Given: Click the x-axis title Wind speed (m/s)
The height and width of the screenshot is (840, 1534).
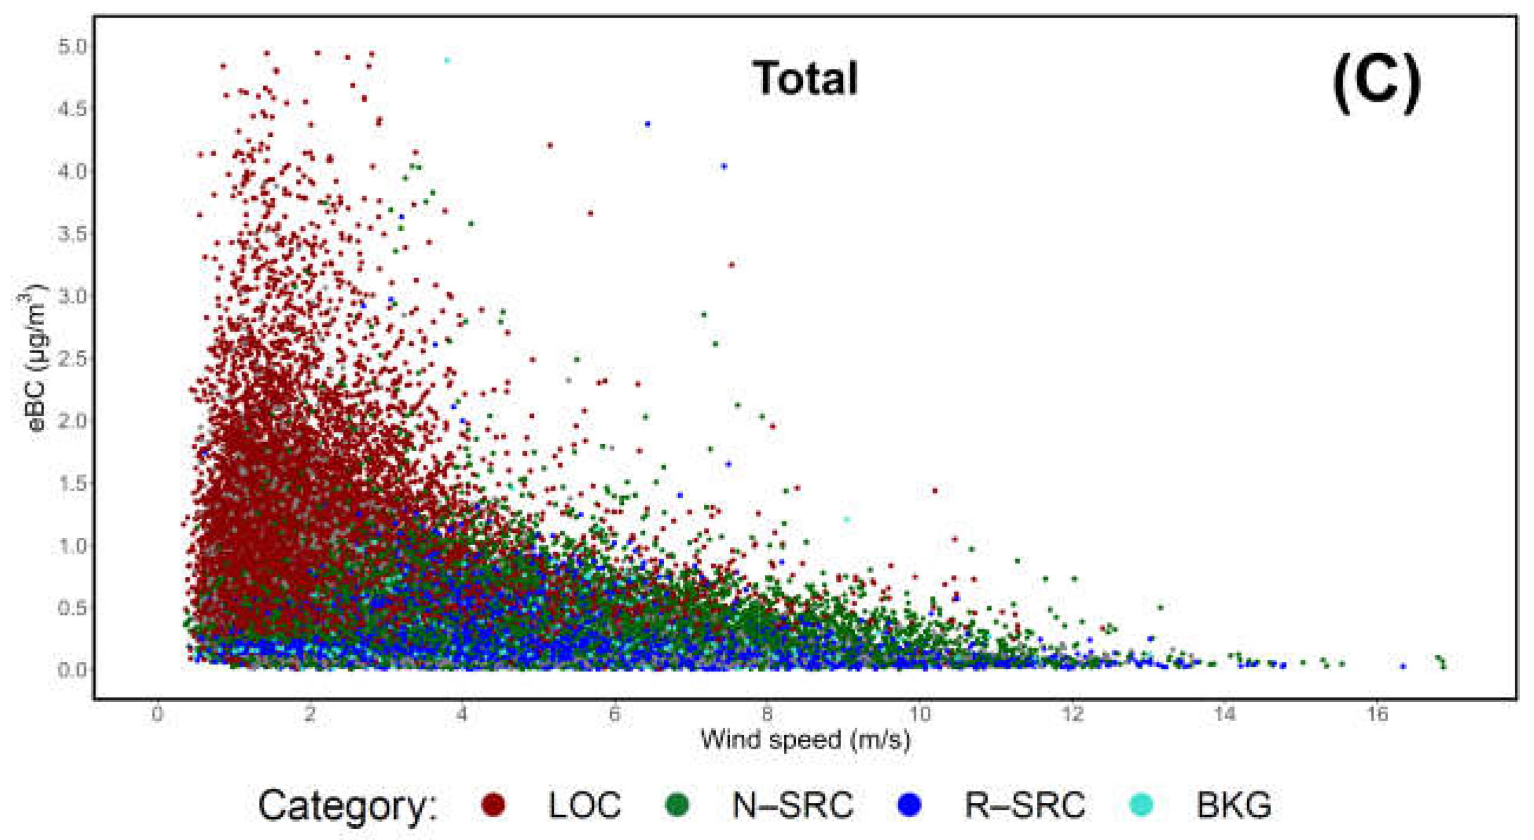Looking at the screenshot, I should pyautogui.click(x=806, y=740).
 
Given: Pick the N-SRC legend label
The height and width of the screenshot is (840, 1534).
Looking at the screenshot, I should pyautogui.click(x=792, y=805).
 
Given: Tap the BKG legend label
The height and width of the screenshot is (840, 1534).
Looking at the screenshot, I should pyautogui.click(x=1235, y=805).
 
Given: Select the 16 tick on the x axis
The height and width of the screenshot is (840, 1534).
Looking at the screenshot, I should pyautogui.click(x=1378, y=713).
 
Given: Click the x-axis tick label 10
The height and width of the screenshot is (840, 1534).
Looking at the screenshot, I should pyautogui.click(x=920, y=713).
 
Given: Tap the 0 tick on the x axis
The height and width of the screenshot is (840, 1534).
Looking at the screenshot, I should pyautogui.click(x=157, y=713).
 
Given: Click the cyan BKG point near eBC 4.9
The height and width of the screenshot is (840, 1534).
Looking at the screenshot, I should pyautogui.click(x=448, y=60).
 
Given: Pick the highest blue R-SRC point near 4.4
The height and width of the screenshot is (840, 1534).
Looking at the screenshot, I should pyautogui.click(x=648, y=124).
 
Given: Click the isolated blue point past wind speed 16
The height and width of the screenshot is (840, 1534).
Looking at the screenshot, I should pyautogui.click(x=1403, y=666).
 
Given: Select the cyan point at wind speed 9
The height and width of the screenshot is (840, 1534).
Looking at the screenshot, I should pyautogui.click(x=847, y=519).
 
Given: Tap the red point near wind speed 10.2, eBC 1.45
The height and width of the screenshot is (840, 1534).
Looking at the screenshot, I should pyautogui.click(x=935, y=491).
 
